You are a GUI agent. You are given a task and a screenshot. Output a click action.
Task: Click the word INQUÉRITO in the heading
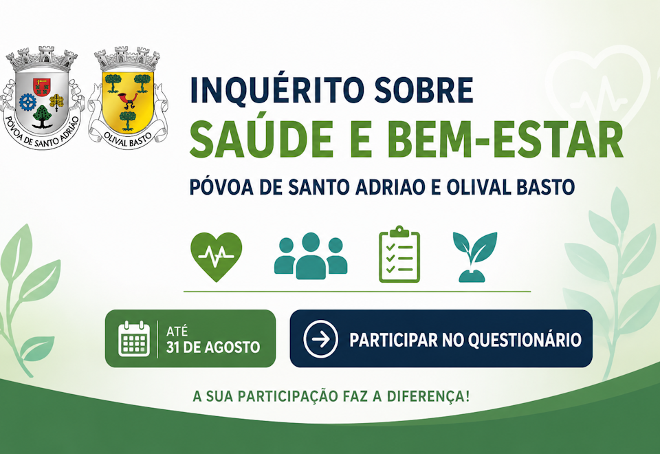[x=276, y=89]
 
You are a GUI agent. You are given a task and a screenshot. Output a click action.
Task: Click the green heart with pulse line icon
[x=217, y=257]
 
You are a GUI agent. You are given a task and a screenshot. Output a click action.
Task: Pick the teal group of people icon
[x=311, y=256]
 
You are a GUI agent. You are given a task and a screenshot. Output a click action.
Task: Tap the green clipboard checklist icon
[x=399, y=255]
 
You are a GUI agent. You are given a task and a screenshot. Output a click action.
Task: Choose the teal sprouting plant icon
[x=475, y=256]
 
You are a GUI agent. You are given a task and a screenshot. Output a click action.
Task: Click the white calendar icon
[x=134, y=338]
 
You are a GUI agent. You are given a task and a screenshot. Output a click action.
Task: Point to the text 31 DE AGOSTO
[x=213, y=347]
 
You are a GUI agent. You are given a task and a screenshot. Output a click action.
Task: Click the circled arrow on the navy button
[x=321, y=339]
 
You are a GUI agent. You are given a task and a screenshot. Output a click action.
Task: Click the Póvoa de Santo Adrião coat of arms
[x=42, y=97]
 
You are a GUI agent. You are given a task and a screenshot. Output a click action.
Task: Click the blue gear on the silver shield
[x=28, y=102]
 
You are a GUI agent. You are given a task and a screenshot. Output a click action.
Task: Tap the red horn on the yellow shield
[x=128, y=100]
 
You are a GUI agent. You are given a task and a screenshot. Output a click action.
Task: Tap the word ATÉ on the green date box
[x=177, y=332]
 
